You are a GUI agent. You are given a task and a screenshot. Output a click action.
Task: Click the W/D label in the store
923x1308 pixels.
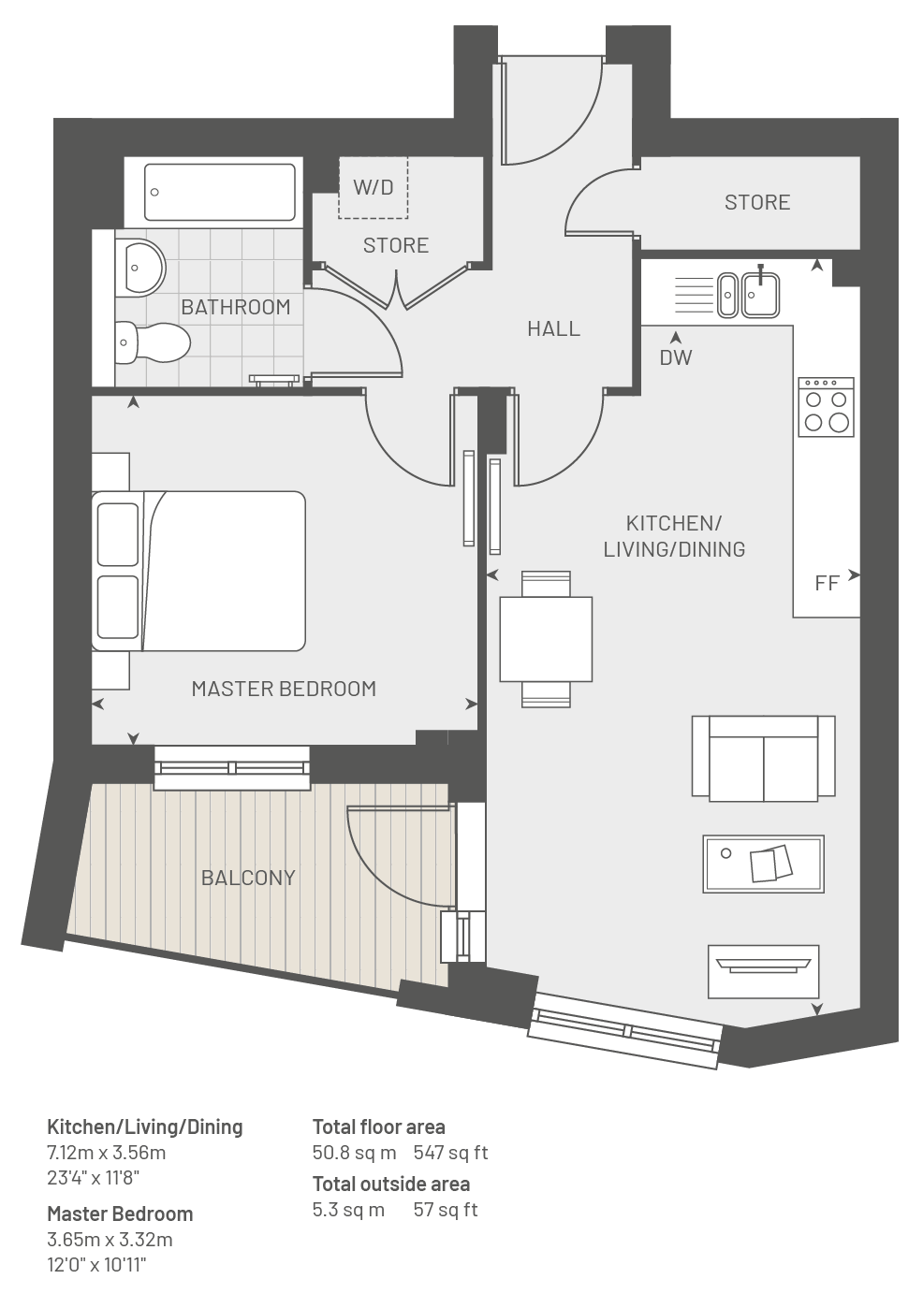click(374, 187)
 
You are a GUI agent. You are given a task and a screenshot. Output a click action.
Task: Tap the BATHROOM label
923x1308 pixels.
click(235, 307)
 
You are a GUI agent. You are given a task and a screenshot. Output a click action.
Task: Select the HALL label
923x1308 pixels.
click(554, 328)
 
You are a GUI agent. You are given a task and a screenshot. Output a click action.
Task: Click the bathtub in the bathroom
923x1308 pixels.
click(220, 192)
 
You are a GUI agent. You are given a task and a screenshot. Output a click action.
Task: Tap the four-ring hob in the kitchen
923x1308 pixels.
click(826, 407)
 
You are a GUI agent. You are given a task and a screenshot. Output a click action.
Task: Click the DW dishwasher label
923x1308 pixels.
click(676, 357)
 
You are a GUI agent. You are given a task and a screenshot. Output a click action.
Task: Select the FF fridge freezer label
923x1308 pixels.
click(827, 583)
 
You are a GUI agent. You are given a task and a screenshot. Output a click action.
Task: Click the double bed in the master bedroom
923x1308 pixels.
click(198, 571)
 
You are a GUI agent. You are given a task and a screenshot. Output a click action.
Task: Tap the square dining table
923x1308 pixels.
click(546, 639)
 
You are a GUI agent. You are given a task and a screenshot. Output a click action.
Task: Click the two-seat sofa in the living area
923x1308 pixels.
click(764, 758)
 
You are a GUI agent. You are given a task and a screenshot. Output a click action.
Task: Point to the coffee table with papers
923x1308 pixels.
click(763, 865)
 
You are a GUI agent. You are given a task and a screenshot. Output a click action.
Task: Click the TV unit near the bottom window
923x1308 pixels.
click(763, 972)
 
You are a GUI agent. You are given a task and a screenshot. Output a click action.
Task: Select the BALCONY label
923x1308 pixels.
click(248, 878)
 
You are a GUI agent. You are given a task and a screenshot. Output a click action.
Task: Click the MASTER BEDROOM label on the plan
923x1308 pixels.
click(284, 689)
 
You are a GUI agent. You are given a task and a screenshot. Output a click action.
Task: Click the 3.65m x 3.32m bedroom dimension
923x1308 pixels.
click(110, 1239)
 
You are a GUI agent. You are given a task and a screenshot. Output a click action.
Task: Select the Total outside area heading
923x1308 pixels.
click(390, 1184)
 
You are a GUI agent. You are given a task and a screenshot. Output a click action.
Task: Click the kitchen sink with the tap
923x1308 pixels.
click(761, 295)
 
